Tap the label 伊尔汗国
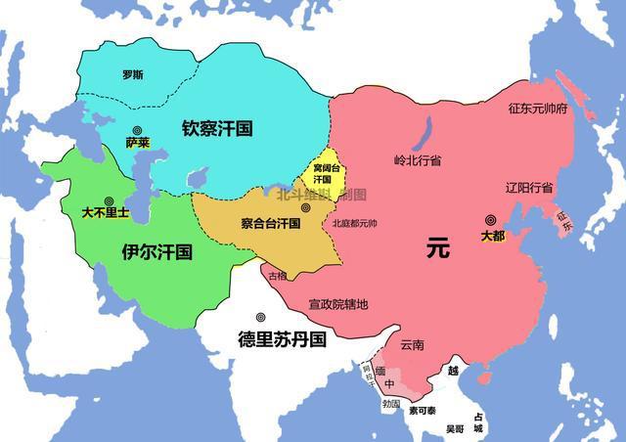[156, 251]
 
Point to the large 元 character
[437, 248]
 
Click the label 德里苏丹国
[283, 339]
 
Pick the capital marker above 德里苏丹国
[261, 318]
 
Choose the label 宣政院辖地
[338, 304]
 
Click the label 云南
[413, 344]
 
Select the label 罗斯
[133, 74]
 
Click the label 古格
[279, 276]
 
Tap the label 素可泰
[425, 411]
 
